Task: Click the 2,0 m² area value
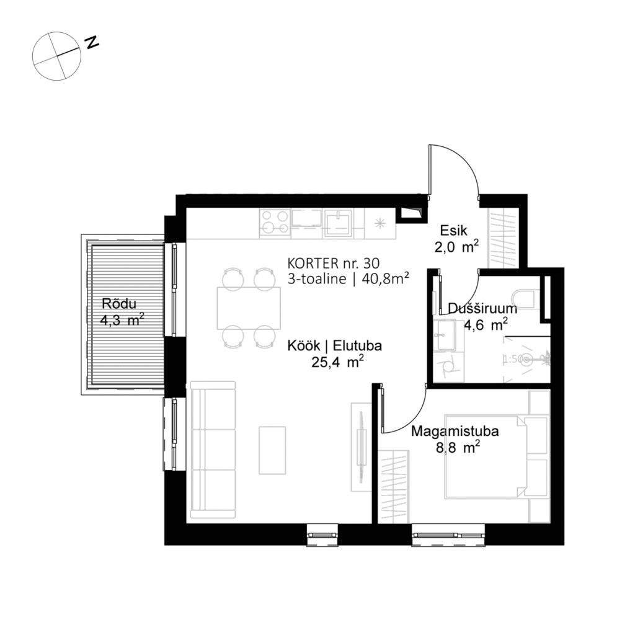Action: click(456, 247)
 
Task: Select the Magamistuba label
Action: click(456, 432)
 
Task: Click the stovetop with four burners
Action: click(274, 223)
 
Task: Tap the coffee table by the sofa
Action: click(272, 450)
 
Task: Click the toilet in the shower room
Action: click(528, 298)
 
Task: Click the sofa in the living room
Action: click(213, 450)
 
